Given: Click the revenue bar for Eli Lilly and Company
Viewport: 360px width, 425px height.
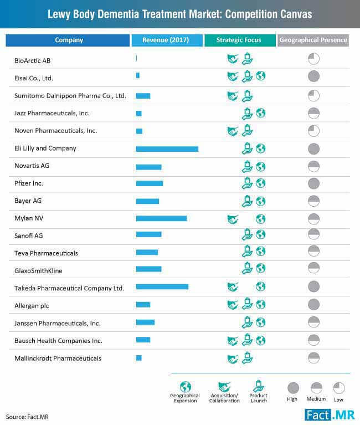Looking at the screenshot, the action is click(167, 149).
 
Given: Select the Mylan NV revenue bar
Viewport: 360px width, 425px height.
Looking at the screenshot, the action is click(161, 218).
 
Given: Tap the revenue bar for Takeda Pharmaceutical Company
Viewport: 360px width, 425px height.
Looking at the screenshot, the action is click(162, 287).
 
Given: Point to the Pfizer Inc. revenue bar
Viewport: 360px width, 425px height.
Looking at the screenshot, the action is click(150, 183).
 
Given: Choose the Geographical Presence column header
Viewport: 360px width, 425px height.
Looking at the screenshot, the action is click(313, 40).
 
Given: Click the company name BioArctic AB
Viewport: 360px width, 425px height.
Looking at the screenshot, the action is click(33, 61).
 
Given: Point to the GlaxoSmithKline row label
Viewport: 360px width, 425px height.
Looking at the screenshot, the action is click(38, 271).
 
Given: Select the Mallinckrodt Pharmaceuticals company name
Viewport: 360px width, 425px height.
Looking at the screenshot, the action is click(58, 359).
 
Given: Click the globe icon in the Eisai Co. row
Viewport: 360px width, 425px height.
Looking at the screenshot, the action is click(261, 76).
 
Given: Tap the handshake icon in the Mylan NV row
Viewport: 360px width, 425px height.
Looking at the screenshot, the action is click(233, 219).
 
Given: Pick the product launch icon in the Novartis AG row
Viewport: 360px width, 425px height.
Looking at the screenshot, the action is click(247, 166).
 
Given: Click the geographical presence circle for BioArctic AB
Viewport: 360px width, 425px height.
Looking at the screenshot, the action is click(313, 59).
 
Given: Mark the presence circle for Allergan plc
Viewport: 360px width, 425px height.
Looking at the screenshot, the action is click(313, 304).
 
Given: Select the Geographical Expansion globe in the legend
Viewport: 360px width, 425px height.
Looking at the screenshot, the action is click(186, 387).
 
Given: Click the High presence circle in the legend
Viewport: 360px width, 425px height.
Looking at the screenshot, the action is click(293, 388).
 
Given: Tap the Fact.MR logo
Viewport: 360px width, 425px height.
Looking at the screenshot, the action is click(330, 415).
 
